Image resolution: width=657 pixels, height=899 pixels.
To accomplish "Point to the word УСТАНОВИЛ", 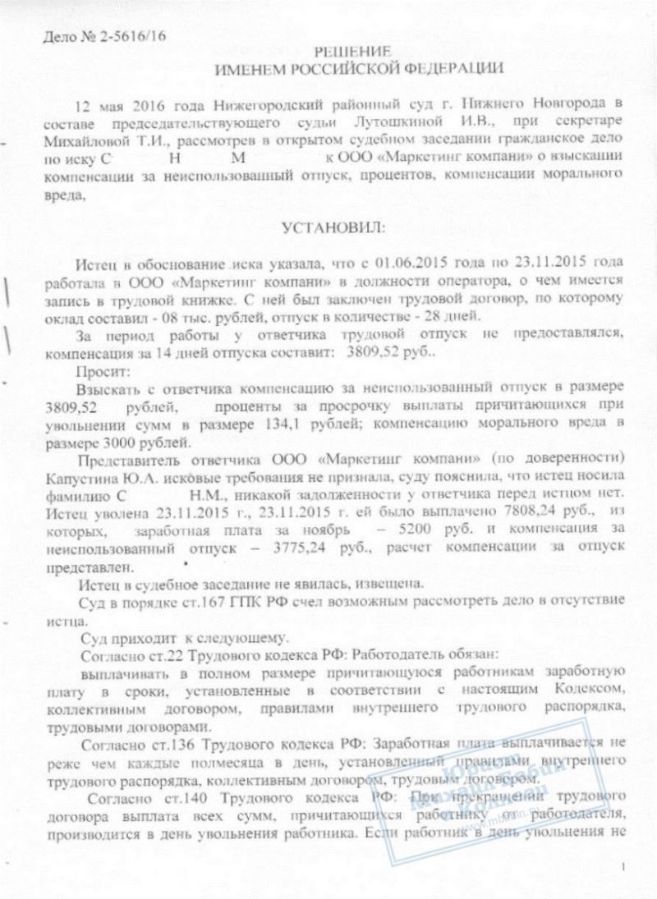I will (x=328, y=227).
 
